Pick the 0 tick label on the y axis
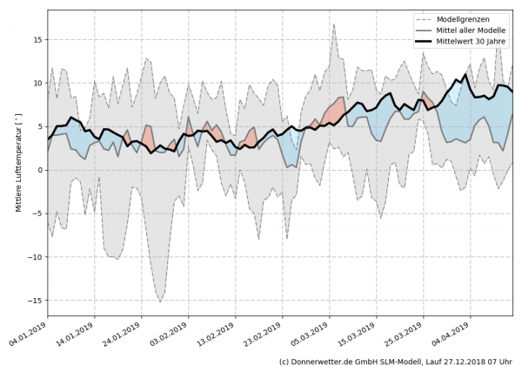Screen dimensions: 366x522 tap(39, 170)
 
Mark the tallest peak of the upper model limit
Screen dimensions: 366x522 tap(334, 24)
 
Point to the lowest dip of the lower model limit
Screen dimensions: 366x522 tap(160, 302)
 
